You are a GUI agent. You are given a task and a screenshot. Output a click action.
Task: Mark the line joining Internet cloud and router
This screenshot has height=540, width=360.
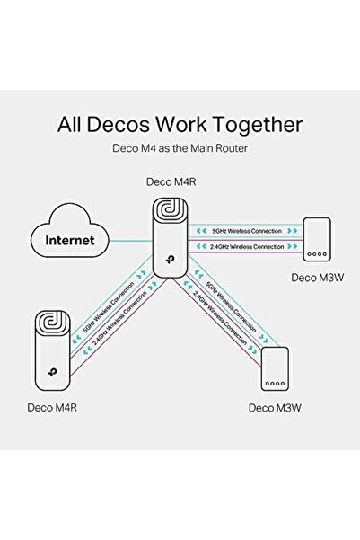pos(126,240)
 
